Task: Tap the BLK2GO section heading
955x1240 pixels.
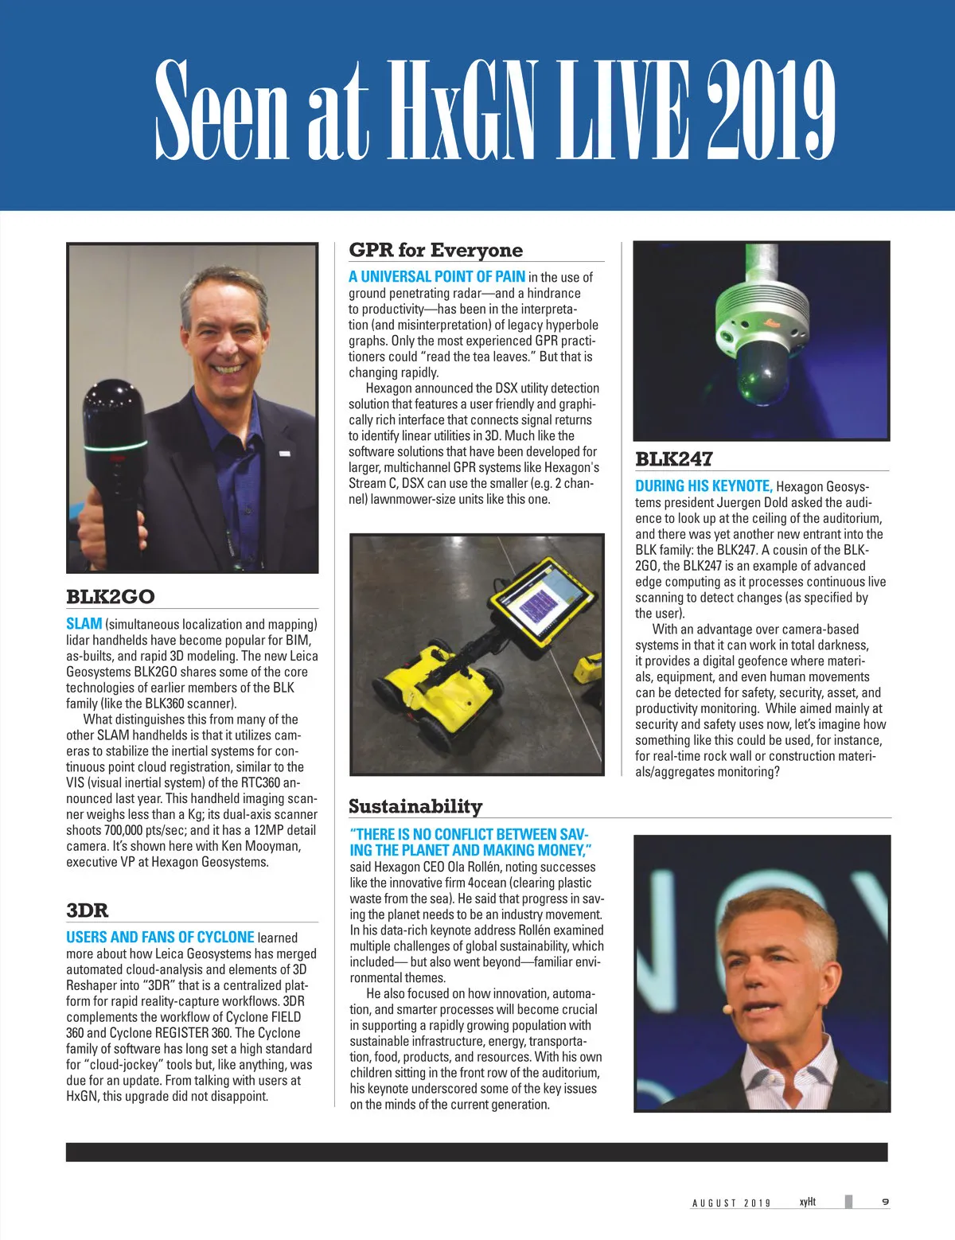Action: pyautogui.click(x=111, y=596)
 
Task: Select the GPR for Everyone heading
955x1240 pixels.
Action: pyautogui.click(x=435, y=250)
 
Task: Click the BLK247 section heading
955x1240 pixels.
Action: pyautogui.click(x=673, y=459)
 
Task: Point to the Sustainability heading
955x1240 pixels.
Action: pyautogui.click(x=415, y=806)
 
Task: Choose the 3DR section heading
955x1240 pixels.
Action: pyautogui.click(x=87, y=910)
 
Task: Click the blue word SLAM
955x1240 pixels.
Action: pyautogui.click(x=84, y=624)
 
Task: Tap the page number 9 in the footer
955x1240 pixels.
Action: pyautogui.click(x=885, y=1202)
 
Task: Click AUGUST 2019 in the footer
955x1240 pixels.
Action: pyautogui.click(x=731, y=1203)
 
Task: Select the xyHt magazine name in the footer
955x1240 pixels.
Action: pyautogui.click(x=807, y=1202)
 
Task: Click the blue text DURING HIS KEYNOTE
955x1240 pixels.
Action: pyautogui.click(x=704, y=485)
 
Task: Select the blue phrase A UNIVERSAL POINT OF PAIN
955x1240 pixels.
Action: pyautogui.click(x=436, y=276)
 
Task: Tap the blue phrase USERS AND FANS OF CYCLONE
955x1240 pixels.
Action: pyautogui.click(x=160, y=937)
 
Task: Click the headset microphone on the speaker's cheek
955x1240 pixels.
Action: pyautogui.click(x=727, y=1007)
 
